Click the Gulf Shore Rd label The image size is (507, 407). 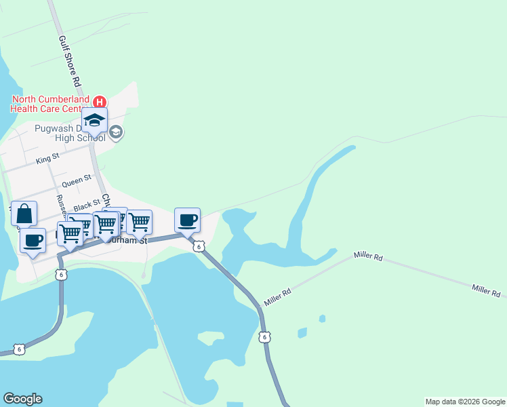70,61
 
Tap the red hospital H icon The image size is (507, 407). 99,102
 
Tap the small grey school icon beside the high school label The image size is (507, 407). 116,132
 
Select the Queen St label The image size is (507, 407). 76,182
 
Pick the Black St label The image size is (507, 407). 87,205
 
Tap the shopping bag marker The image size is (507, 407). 24,214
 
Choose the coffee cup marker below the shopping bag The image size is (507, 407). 33,239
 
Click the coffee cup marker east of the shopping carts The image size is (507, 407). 188,220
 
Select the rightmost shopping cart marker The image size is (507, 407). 139,222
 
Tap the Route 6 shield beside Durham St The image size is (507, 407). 198,247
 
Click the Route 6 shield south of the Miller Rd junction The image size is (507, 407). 264,336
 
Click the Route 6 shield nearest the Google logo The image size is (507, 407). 20,349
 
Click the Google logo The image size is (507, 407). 22,399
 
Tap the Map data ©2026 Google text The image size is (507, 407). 464,402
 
